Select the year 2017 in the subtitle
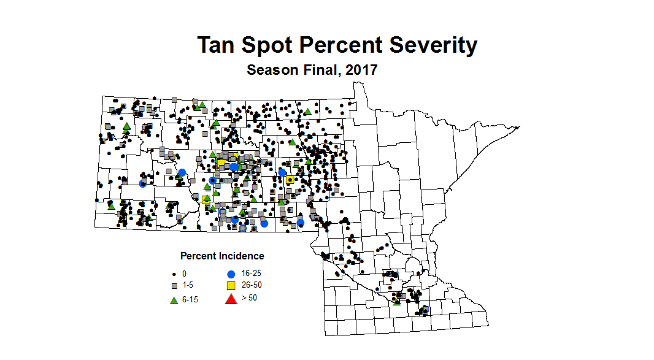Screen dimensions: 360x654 361,70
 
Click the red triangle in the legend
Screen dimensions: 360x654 231,299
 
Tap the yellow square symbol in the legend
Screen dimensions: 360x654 231,286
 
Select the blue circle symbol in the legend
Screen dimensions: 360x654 231,274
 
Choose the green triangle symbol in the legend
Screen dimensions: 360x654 174,300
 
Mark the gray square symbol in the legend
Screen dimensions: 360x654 174,286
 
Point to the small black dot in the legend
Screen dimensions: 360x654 174,274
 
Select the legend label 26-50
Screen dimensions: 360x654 252,286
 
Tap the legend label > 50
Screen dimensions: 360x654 250,298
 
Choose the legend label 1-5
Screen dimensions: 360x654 188,286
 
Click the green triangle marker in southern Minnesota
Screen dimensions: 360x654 397,301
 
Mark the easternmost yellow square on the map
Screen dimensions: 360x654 290,180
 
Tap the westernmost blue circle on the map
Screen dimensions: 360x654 142,183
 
